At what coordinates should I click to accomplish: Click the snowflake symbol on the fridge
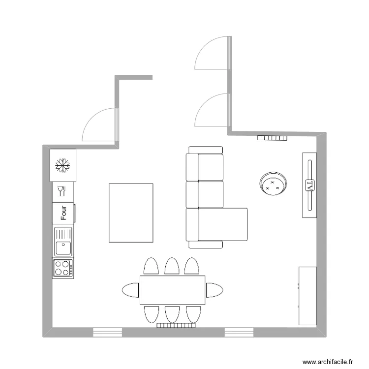point(62,166)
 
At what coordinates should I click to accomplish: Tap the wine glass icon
point(61,190)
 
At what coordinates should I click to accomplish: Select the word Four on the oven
point(63,213)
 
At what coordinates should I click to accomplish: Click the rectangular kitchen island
point(131,213)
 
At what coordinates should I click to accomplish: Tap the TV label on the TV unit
point(309,185)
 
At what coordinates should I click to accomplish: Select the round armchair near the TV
point(273,184)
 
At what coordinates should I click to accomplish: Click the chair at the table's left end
point(131,290)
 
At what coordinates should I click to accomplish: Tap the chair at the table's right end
point(214,290)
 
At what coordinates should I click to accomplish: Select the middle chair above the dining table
point(172,266)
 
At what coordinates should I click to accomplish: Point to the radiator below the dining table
point(176,325)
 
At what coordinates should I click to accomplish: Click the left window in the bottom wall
point(107,333)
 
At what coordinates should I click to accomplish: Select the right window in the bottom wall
point(239,333)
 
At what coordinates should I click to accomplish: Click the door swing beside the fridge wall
point(99,125)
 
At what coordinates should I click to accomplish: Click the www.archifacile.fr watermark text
point(328,362)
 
